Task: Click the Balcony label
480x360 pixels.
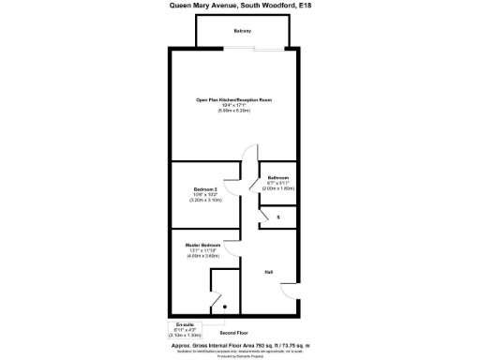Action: click(241, 31)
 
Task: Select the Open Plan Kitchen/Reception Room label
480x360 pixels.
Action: click(233, 99)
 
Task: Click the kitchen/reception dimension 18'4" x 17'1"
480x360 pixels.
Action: click(233, 105)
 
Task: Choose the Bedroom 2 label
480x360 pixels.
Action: click(204, 189)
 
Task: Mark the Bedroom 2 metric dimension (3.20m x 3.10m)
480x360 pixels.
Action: click(204, 201)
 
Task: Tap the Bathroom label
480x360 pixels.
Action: click(278, 177)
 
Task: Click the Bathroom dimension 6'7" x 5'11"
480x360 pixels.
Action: click(278, 183)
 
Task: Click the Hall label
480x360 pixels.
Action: click(268, 272)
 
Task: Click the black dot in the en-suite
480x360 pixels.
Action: click(224, 306)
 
